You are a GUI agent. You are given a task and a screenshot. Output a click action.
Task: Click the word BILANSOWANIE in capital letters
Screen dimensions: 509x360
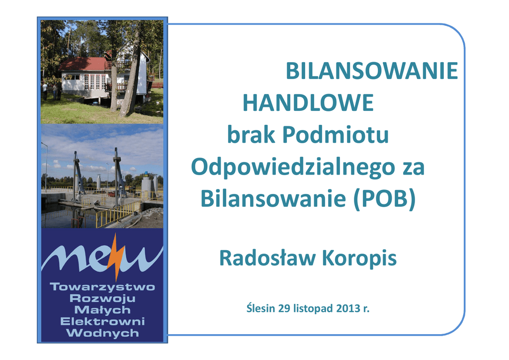coord(372,71)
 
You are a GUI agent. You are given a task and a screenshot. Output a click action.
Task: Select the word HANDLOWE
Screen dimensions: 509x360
coord(308,102)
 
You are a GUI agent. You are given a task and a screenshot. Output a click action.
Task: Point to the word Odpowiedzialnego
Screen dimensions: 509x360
coord(293,168)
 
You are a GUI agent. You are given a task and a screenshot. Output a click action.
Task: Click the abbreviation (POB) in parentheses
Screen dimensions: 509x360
coord(384,199)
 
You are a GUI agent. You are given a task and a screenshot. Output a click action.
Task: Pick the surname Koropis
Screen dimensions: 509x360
coord(359,259)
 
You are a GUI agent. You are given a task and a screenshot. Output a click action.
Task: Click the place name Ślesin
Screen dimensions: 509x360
coord(260,307)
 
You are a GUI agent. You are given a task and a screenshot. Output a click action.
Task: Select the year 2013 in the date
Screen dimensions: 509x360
coord(347,308)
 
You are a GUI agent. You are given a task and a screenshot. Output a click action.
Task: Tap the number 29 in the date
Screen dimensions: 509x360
coord(284,308)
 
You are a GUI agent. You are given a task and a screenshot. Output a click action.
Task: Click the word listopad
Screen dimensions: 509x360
coord(313,308)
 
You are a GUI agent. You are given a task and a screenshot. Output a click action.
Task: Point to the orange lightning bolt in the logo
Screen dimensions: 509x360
coord(116,257)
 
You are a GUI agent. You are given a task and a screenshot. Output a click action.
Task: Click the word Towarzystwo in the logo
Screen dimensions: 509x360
coord(102,287)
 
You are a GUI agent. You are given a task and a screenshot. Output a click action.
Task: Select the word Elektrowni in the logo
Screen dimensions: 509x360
coord(102,321)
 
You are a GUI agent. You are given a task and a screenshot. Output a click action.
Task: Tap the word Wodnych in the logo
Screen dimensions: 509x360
coord(102,333)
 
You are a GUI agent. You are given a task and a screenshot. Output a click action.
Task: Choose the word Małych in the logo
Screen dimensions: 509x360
coord(102,310)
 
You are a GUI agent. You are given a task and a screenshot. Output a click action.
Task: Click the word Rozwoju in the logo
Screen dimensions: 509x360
coord(102,298)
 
